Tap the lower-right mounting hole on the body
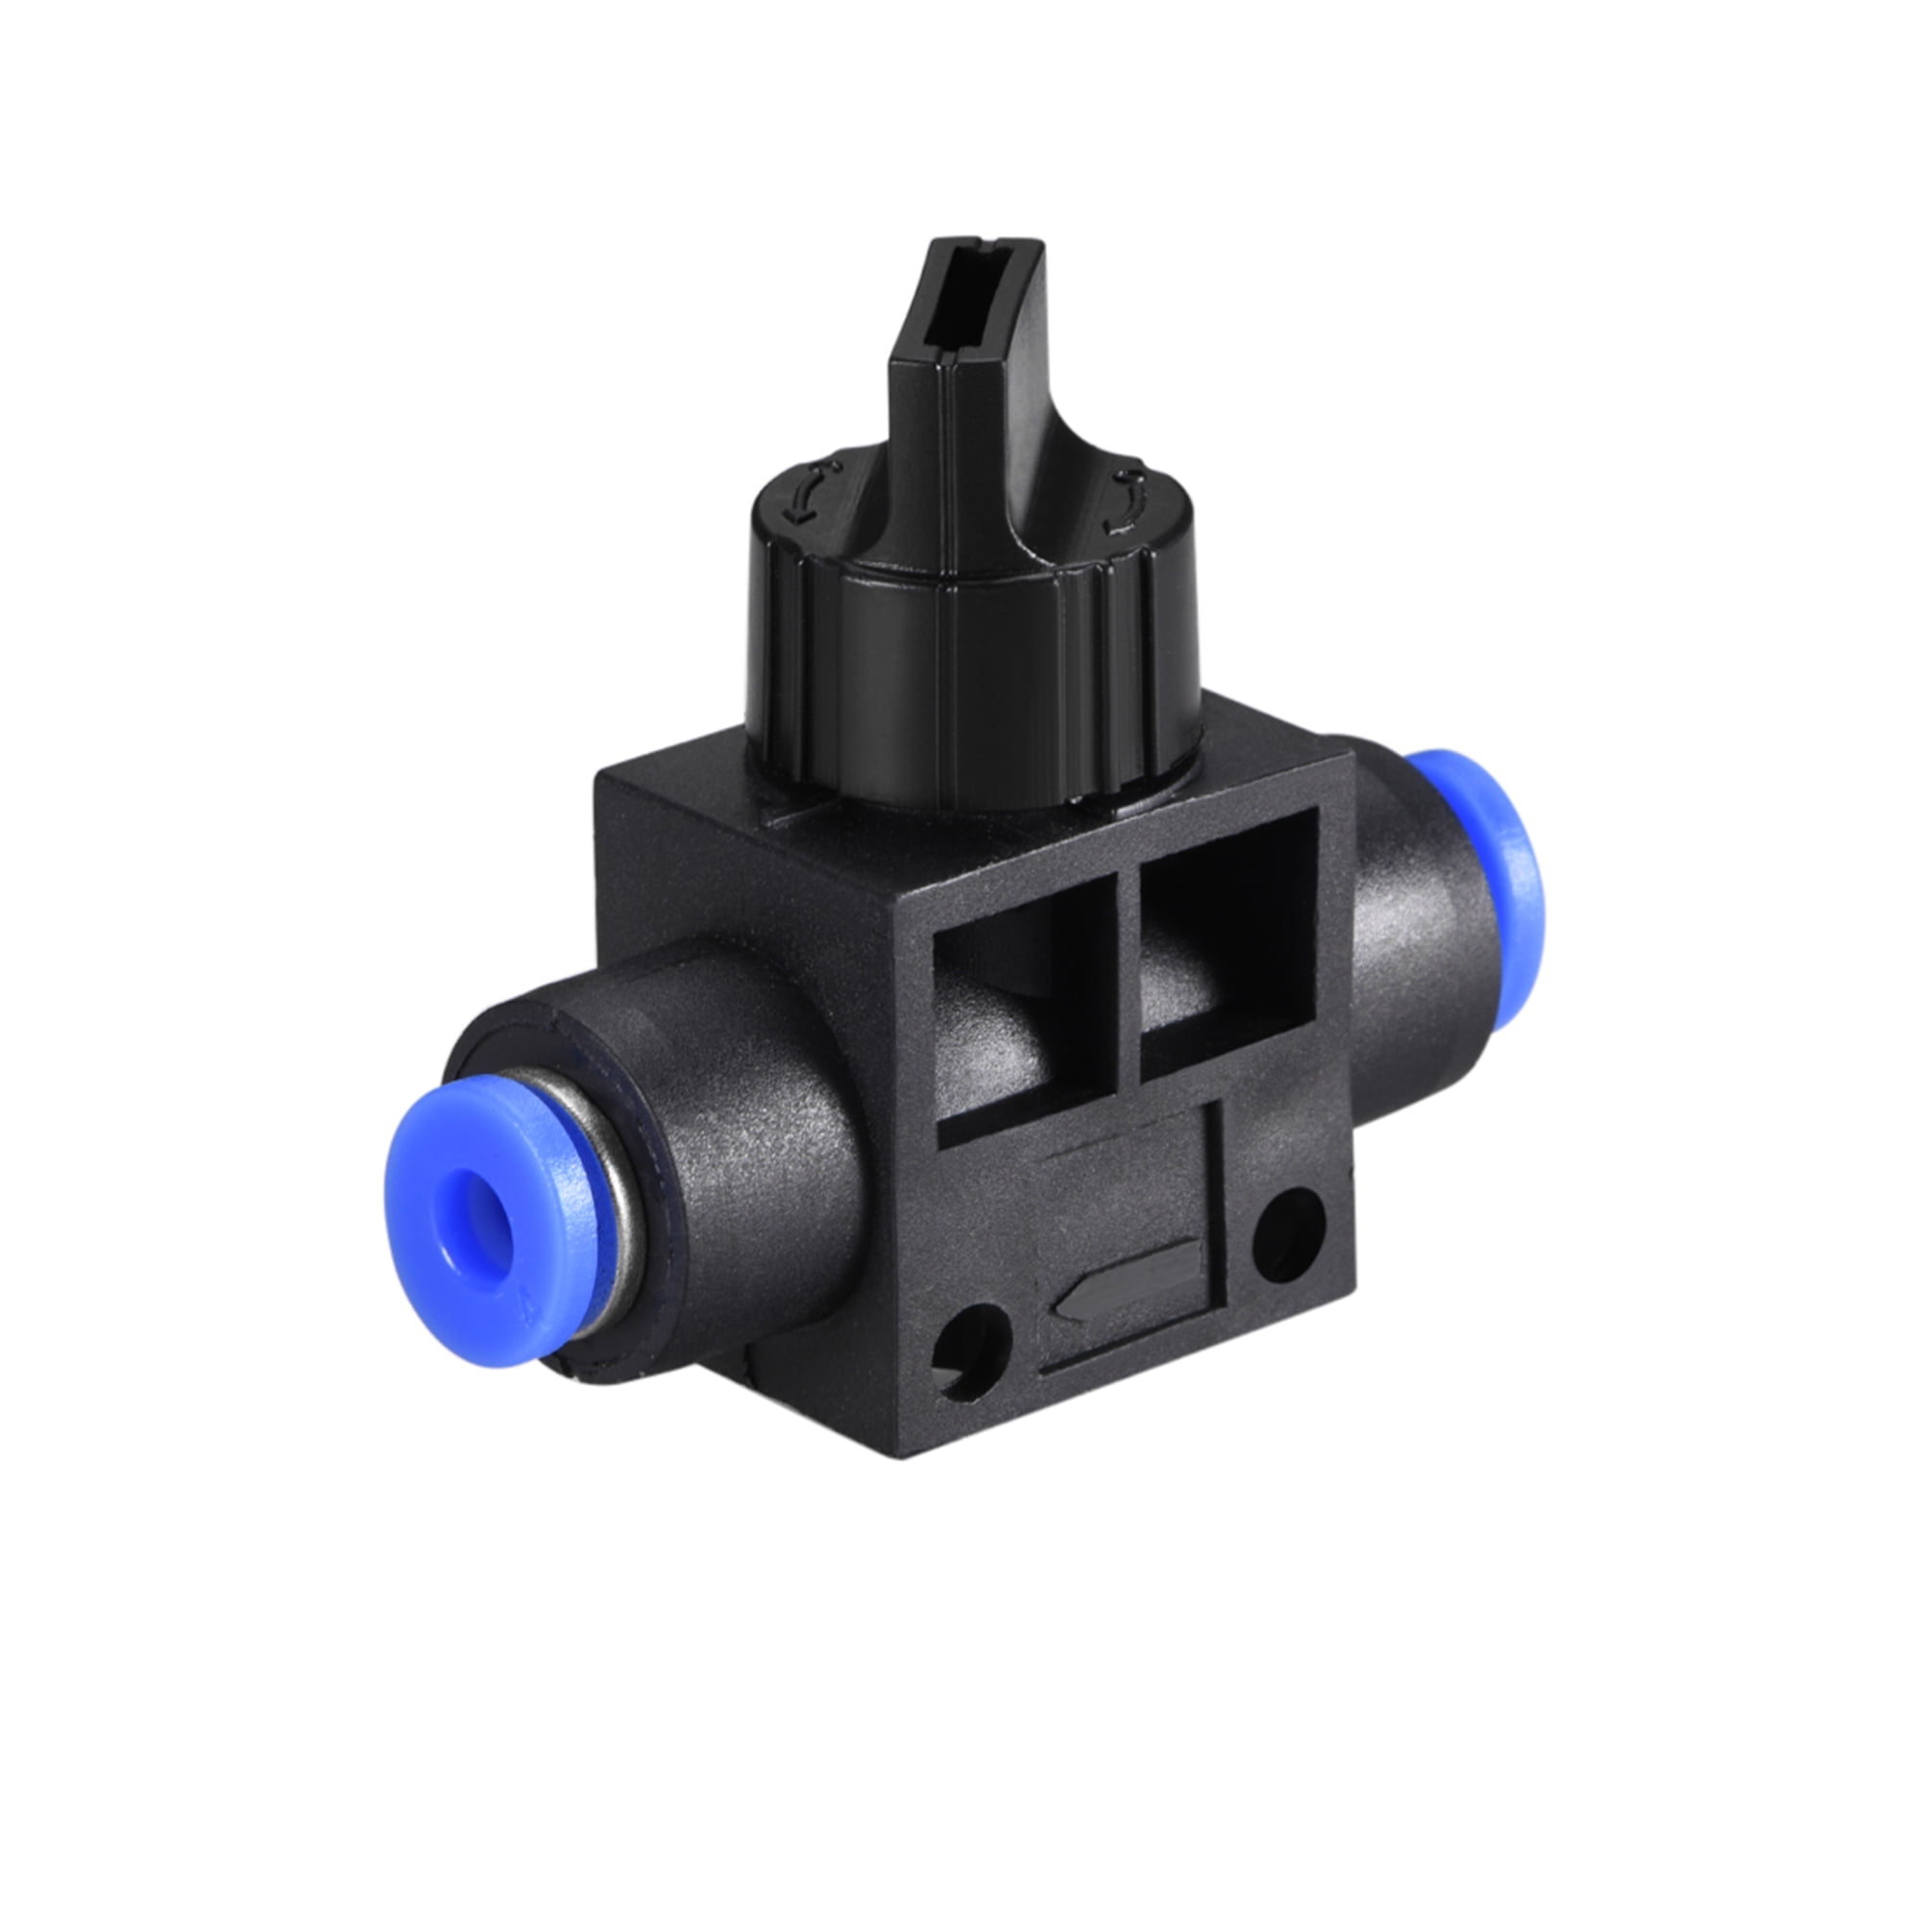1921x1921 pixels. (1289, 1237)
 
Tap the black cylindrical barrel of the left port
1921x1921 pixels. (745, 1163)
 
